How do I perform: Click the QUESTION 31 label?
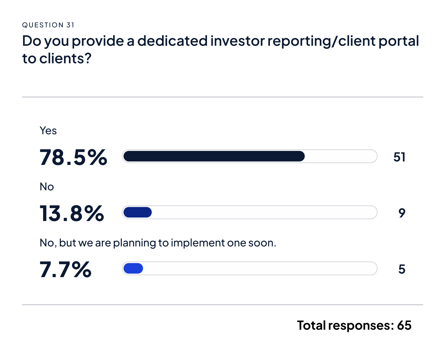48,25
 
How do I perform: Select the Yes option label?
48,130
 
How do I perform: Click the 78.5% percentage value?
73,157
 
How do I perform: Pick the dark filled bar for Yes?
214,156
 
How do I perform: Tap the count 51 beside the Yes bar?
399,157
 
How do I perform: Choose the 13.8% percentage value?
72,213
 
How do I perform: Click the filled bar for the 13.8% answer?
137,212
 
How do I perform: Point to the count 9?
402,213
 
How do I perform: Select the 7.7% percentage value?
66,269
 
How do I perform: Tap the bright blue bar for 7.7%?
133,268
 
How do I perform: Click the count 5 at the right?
402,269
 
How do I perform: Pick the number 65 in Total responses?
404,325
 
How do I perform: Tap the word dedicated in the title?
172,41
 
